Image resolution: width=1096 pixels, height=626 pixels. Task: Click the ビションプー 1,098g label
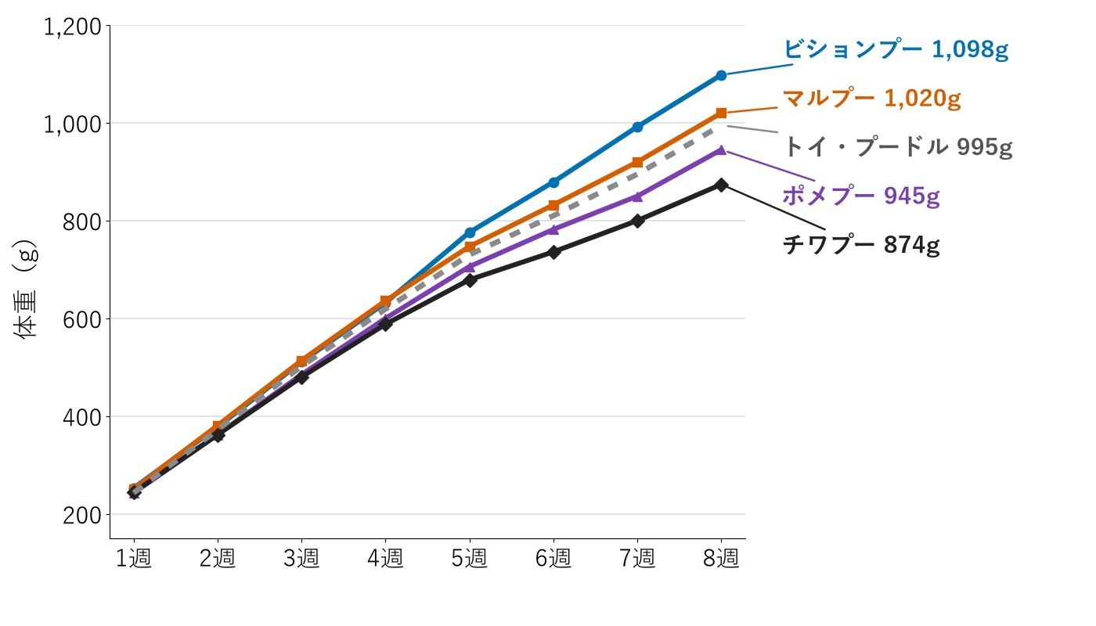tap(896, 49)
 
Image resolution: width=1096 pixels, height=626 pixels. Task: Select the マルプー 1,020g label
tap(872, 99)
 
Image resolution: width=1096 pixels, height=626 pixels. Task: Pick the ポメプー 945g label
tap(861, 196)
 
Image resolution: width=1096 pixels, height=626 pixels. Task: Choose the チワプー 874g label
tap(861, 244)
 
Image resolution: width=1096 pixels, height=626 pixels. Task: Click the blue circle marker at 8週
tap(721, 75)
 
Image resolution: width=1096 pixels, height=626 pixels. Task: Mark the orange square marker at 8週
tap(721, 113)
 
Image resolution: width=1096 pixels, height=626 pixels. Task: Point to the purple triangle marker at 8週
tap(721, 149)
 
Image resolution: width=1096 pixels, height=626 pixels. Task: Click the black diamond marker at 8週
tap(721, 185)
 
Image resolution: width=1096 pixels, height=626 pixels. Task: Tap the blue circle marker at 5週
tap(470, 232)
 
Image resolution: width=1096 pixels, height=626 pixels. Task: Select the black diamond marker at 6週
tap(554, 252)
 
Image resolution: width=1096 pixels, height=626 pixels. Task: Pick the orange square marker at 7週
tap(637, 163)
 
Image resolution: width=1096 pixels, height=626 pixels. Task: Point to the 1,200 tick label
tap(72, 27)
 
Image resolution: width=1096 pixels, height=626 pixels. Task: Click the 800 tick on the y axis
tap(81, 222)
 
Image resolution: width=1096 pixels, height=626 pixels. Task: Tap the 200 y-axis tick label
tap(81, 516)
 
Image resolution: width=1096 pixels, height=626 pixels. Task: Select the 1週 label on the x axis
tap(134, 558)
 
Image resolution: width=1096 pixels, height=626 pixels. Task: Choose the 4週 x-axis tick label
tap(385, 558)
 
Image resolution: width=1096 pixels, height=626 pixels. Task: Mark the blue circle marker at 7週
tap(637, 127)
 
